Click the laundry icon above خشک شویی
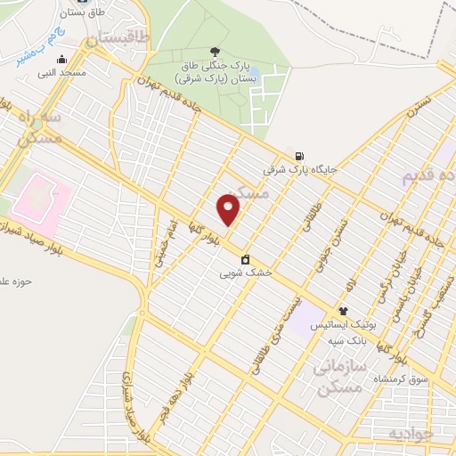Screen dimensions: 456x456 click(246, 261)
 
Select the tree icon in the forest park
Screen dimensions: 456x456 click(213, 51)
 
